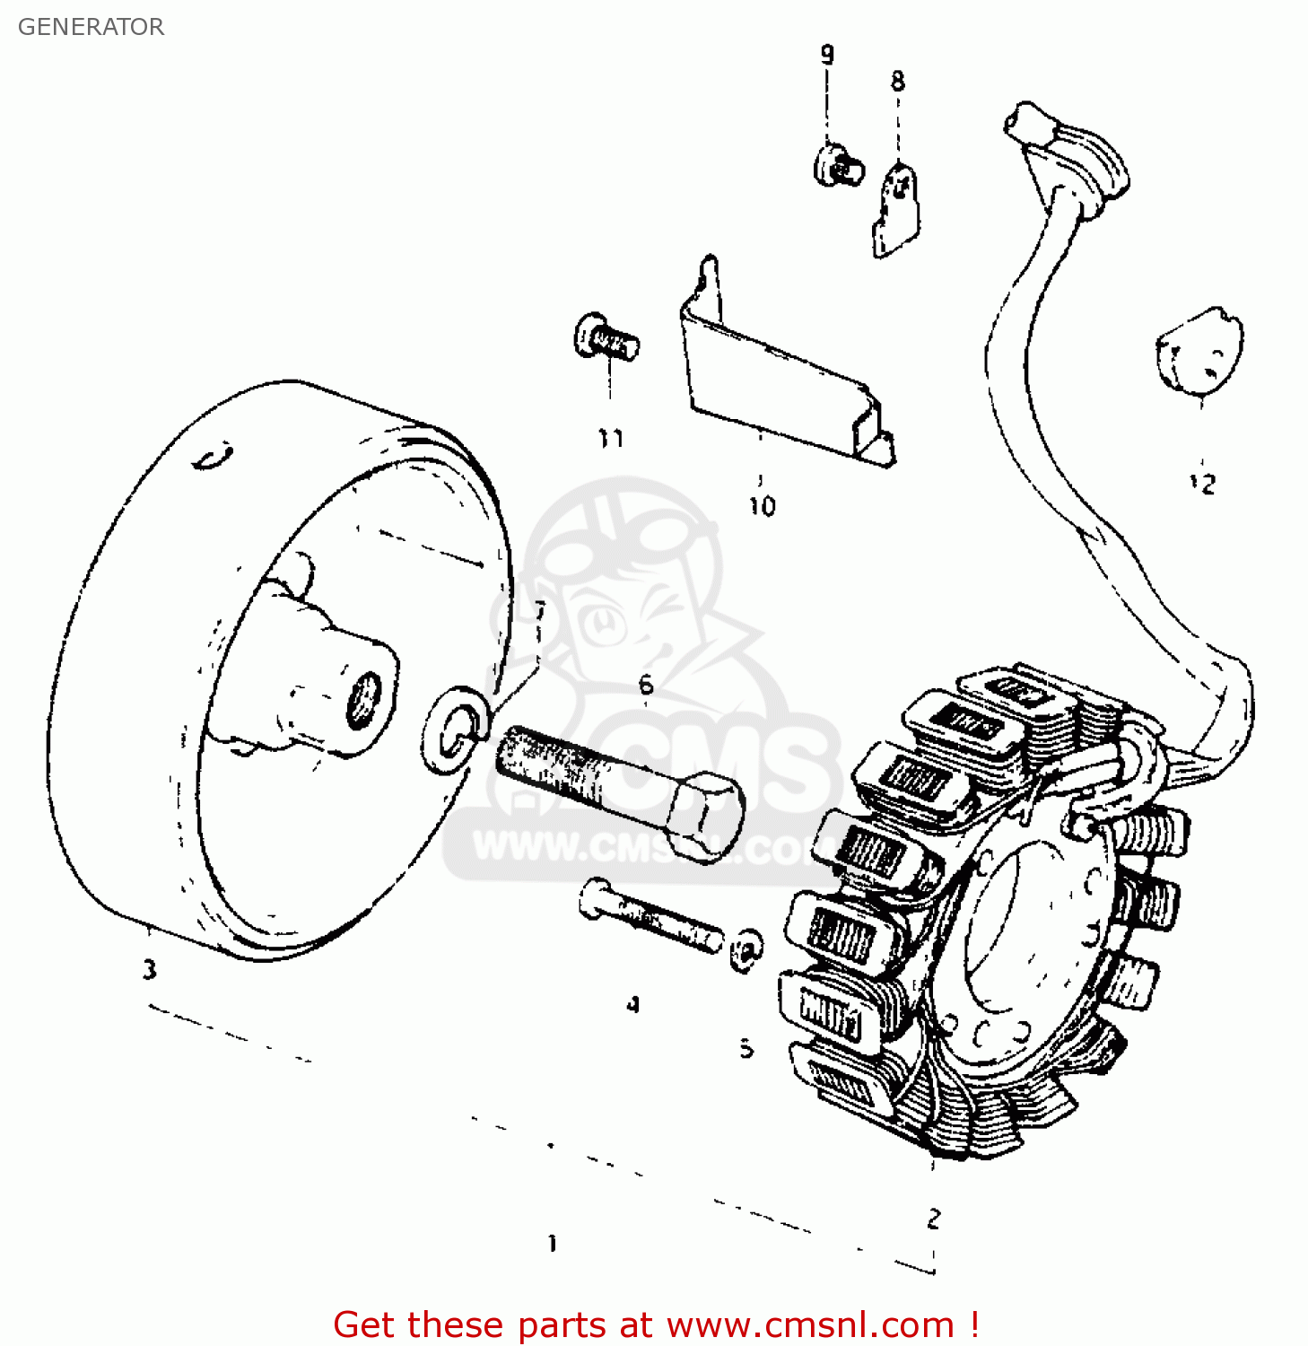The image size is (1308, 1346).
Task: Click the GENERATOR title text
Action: tap(91, 27)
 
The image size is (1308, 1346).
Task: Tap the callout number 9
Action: tap(826, 55)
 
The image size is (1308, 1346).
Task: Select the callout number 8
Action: tap(897, 82)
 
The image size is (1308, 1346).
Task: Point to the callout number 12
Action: tap(1202, 484)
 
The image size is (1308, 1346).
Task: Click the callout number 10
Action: tap(762, 507)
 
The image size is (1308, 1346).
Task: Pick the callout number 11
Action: tap(610, 439)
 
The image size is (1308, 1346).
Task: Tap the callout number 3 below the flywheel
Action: tap(149, 970)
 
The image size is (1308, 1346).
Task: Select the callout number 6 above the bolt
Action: tap(646, 686)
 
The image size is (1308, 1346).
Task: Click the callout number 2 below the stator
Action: tap(934, 1219)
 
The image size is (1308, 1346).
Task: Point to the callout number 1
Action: tap(553, 1244)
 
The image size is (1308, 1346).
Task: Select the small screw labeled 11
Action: tap(606, 339)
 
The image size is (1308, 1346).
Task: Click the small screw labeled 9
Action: tap(838, 165)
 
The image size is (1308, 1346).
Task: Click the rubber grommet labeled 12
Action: tap(1200, 351)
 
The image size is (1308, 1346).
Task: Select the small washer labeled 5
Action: tap(745, 949)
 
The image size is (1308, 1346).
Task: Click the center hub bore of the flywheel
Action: tap(363, 700)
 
